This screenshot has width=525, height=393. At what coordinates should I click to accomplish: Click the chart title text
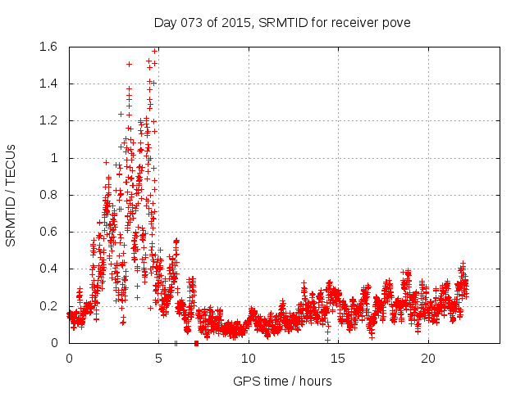coord(281,22)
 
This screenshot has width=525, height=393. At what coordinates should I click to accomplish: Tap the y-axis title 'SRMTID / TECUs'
coord(11,195)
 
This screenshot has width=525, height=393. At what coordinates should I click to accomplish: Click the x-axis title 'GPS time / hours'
coord(282,381)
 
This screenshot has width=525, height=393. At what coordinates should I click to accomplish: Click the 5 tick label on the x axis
coord(159,359)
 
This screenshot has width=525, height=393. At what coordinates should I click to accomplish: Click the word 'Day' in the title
coord(165,22)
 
